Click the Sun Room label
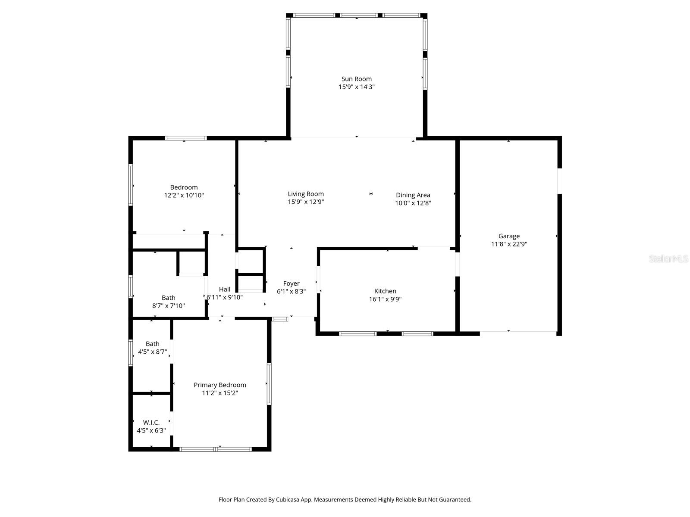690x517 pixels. coord(356,79)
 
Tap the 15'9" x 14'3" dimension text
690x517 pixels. coord(356,87)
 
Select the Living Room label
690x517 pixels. coord(306,194)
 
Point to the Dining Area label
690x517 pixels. coord(413,195)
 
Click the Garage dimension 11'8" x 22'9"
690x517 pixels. coord(509,244)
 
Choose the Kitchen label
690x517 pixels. coord(385,291)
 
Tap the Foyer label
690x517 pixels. coord(291,283)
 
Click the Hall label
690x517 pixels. coord(224,290)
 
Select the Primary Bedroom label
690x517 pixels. coord(220,385)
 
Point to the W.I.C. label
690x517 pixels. coord(151,423)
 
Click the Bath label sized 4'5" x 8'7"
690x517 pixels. coord(152,344)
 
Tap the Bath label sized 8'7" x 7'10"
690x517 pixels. coord(168,298)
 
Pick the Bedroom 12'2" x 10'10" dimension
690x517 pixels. coord(184,195)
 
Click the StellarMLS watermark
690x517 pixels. coord(668,259)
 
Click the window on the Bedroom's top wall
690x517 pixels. coord(186,138)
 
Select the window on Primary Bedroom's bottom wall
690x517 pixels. coord(215,449)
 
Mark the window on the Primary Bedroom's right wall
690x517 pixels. coord(269,383)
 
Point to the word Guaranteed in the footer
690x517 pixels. coord(454,500)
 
